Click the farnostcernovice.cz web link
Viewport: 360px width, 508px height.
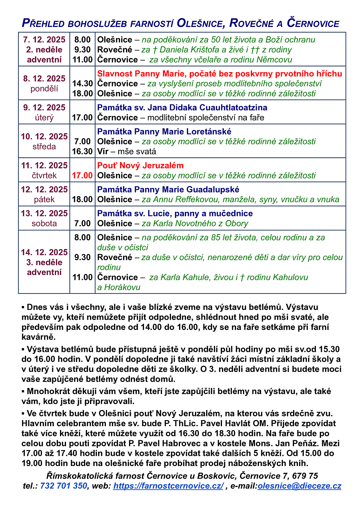168,486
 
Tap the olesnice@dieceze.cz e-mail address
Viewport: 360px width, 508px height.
299,486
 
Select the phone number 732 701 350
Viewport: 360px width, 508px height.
64,486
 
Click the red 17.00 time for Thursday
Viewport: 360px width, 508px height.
82,175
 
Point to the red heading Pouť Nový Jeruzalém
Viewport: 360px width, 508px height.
140,165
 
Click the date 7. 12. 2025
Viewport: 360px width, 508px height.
44,40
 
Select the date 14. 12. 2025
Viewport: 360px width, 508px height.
44,252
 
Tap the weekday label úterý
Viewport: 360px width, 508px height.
44,117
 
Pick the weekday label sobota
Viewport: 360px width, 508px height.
44,223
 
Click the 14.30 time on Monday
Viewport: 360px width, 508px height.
82,83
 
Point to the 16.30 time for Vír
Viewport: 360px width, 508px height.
82,151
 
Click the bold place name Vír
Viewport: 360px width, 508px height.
103,151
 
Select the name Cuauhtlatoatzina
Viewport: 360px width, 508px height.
233,107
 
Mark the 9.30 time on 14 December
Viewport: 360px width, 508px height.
82,257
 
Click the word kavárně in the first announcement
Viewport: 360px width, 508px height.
38,337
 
